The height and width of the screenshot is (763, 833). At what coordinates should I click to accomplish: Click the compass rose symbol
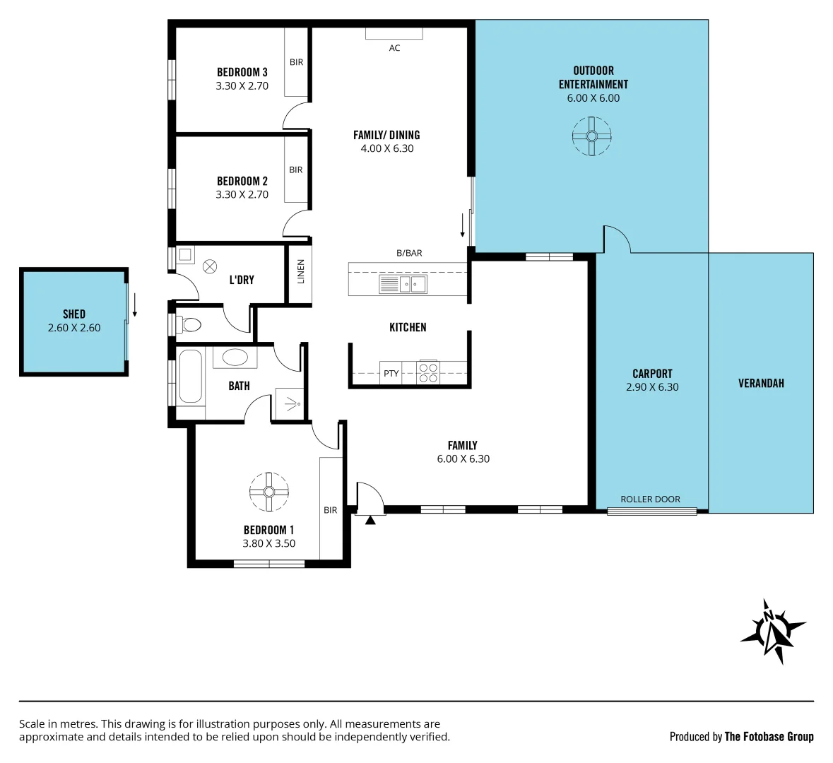click(772, 631)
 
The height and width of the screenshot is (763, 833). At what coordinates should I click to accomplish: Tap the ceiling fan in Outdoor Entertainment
click(591, 136)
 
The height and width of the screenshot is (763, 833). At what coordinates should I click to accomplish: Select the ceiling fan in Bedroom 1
click(269, 492)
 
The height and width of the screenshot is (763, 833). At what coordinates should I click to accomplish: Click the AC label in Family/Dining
click(394, 48)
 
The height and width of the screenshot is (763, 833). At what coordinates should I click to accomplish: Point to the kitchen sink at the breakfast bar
click(403, 284)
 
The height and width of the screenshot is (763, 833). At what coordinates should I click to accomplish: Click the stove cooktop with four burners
click(428, 372)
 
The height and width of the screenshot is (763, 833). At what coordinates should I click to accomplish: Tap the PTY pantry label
click(391, 374)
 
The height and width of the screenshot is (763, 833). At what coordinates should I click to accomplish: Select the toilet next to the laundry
click(189, 325)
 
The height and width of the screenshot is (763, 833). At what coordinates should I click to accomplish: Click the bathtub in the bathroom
click(191, 376)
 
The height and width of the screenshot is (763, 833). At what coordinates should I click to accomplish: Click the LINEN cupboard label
click(300, 272)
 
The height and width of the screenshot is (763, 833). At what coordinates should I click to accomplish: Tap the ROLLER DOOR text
click(650, 499)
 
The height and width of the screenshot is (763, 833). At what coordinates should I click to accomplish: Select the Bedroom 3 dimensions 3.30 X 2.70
click(242, 86)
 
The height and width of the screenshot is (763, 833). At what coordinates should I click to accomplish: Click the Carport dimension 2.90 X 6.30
click(652, 387)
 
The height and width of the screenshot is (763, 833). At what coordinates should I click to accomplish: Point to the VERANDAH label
click(761, 384)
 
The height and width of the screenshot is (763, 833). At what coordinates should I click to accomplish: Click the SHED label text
click(74, 314)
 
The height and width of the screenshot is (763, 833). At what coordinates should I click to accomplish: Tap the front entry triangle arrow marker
click(370, 520)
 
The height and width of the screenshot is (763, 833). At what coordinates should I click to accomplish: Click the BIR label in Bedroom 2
click(296, 170)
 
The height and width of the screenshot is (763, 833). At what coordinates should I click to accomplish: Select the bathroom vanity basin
click(235, 357)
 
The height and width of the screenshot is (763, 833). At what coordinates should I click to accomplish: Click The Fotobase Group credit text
click(769, 737)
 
